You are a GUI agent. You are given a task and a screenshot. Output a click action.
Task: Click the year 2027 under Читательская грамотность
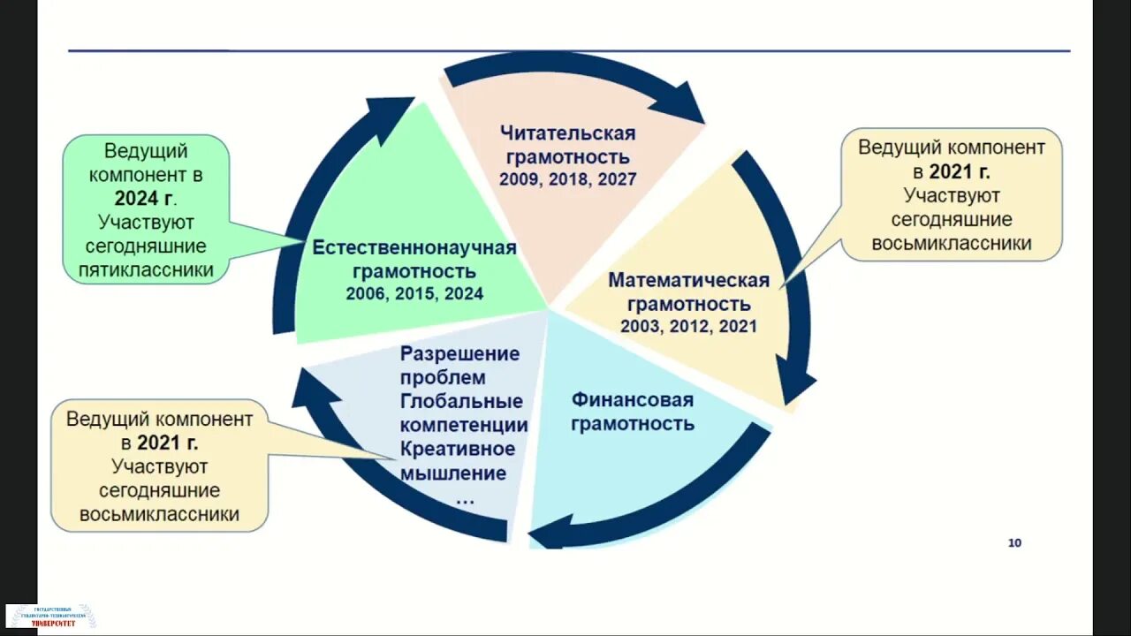(617, 179)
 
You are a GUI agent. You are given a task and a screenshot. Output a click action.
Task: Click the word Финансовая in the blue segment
(632, 399)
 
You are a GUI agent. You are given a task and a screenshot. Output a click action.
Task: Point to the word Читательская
(567, 133)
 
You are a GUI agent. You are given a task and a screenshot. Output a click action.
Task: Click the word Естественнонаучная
(414, 247)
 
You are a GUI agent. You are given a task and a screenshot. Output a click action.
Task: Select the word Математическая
(688, 280)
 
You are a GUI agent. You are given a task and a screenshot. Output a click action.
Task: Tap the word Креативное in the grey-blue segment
(458, 449)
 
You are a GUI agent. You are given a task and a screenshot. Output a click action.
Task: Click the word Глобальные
(461, 401)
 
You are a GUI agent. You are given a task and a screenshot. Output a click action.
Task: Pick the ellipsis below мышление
(465, 500)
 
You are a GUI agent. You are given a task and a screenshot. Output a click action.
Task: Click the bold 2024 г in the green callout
(144, 198)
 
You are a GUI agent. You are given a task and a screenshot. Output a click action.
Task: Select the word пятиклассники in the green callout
(147, 269)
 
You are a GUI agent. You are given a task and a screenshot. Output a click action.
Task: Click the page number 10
(1014, 542)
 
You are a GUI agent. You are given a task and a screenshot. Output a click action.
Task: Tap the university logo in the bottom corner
(51, 616)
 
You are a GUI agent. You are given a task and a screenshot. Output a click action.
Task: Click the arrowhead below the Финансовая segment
(546, 534)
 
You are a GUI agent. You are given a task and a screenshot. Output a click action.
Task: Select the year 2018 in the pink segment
(568, 179)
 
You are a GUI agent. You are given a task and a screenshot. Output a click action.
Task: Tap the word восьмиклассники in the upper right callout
(952, 243)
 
